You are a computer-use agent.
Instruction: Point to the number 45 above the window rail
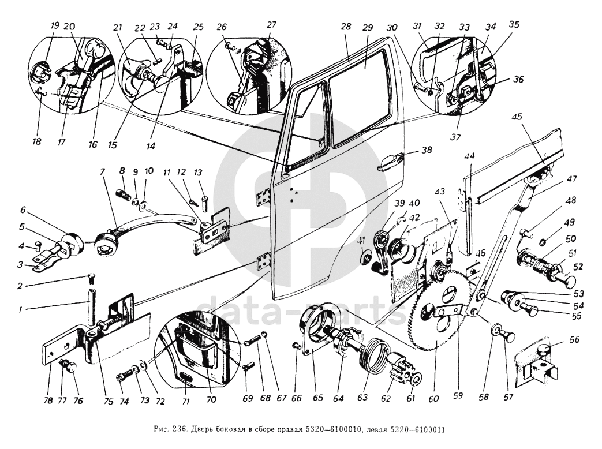[x=517, y=116]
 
